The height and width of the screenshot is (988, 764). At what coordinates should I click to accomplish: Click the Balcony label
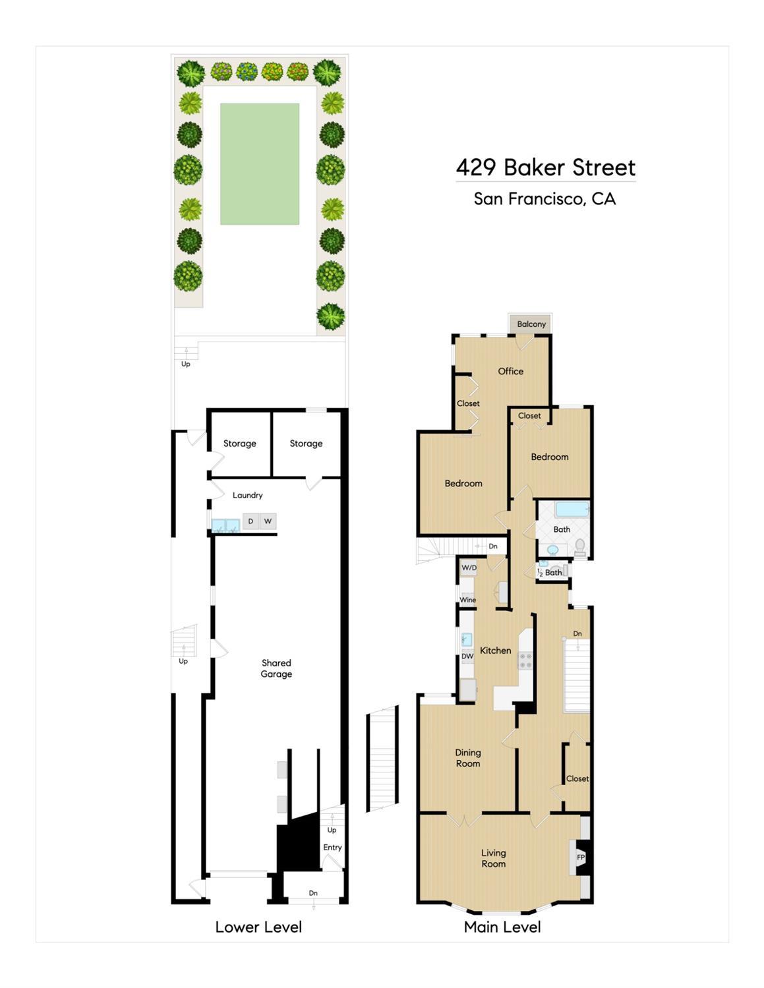tap(531, 324)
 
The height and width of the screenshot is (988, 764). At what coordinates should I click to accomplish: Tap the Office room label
tap(510, 371)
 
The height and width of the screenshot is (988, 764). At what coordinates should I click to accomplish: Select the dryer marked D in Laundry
tap(250, 521)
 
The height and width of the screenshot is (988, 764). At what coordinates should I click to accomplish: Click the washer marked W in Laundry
tap(268, 521)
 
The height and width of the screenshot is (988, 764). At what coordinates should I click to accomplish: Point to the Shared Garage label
tap(276, 668)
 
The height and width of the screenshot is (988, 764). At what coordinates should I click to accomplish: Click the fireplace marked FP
tap(581, 857)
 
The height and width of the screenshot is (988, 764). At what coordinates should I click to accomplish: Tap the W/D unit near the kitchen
tap(469, 567)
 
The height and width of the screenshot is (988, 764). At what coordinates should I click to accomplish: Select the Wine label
tap(468, 600)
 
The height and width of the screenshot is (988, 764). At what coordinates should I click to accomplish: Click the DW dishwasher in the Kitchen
tap(467, 656)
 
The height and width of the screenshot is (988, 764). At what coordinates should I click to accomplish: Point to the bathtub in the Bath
tap(572, 509)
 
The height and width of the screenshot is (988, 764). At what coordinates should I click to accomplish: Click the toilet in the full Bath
tap(579, 546)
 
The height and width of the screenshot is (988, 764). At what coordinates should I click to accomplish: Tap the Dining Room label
tap(468, 758)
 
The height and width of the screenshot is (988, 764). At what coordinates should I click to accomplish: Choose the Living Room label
tap(493, 858)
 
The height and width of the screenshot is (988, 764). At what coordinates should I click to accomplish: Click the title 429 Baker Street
tap(546, 167)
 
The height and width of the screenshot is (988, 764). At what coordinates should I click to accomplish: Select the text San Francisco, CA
tap(544, 198)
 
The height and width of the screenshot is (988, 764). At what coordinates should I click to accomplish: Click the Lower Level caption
tap(258, 927)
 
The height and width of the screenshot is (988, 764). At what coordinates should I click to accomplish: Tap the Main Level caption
tap(502, 927)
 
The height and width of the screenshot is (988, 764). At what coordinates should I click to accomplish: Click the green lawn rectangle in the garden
tap(259, 163)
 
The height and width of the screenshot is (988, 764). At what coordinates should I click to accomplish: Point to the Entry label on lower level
tap(332, 848)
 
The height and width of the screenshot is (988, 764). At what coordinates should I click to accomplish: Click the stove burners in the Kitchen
tap(525, 660)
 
